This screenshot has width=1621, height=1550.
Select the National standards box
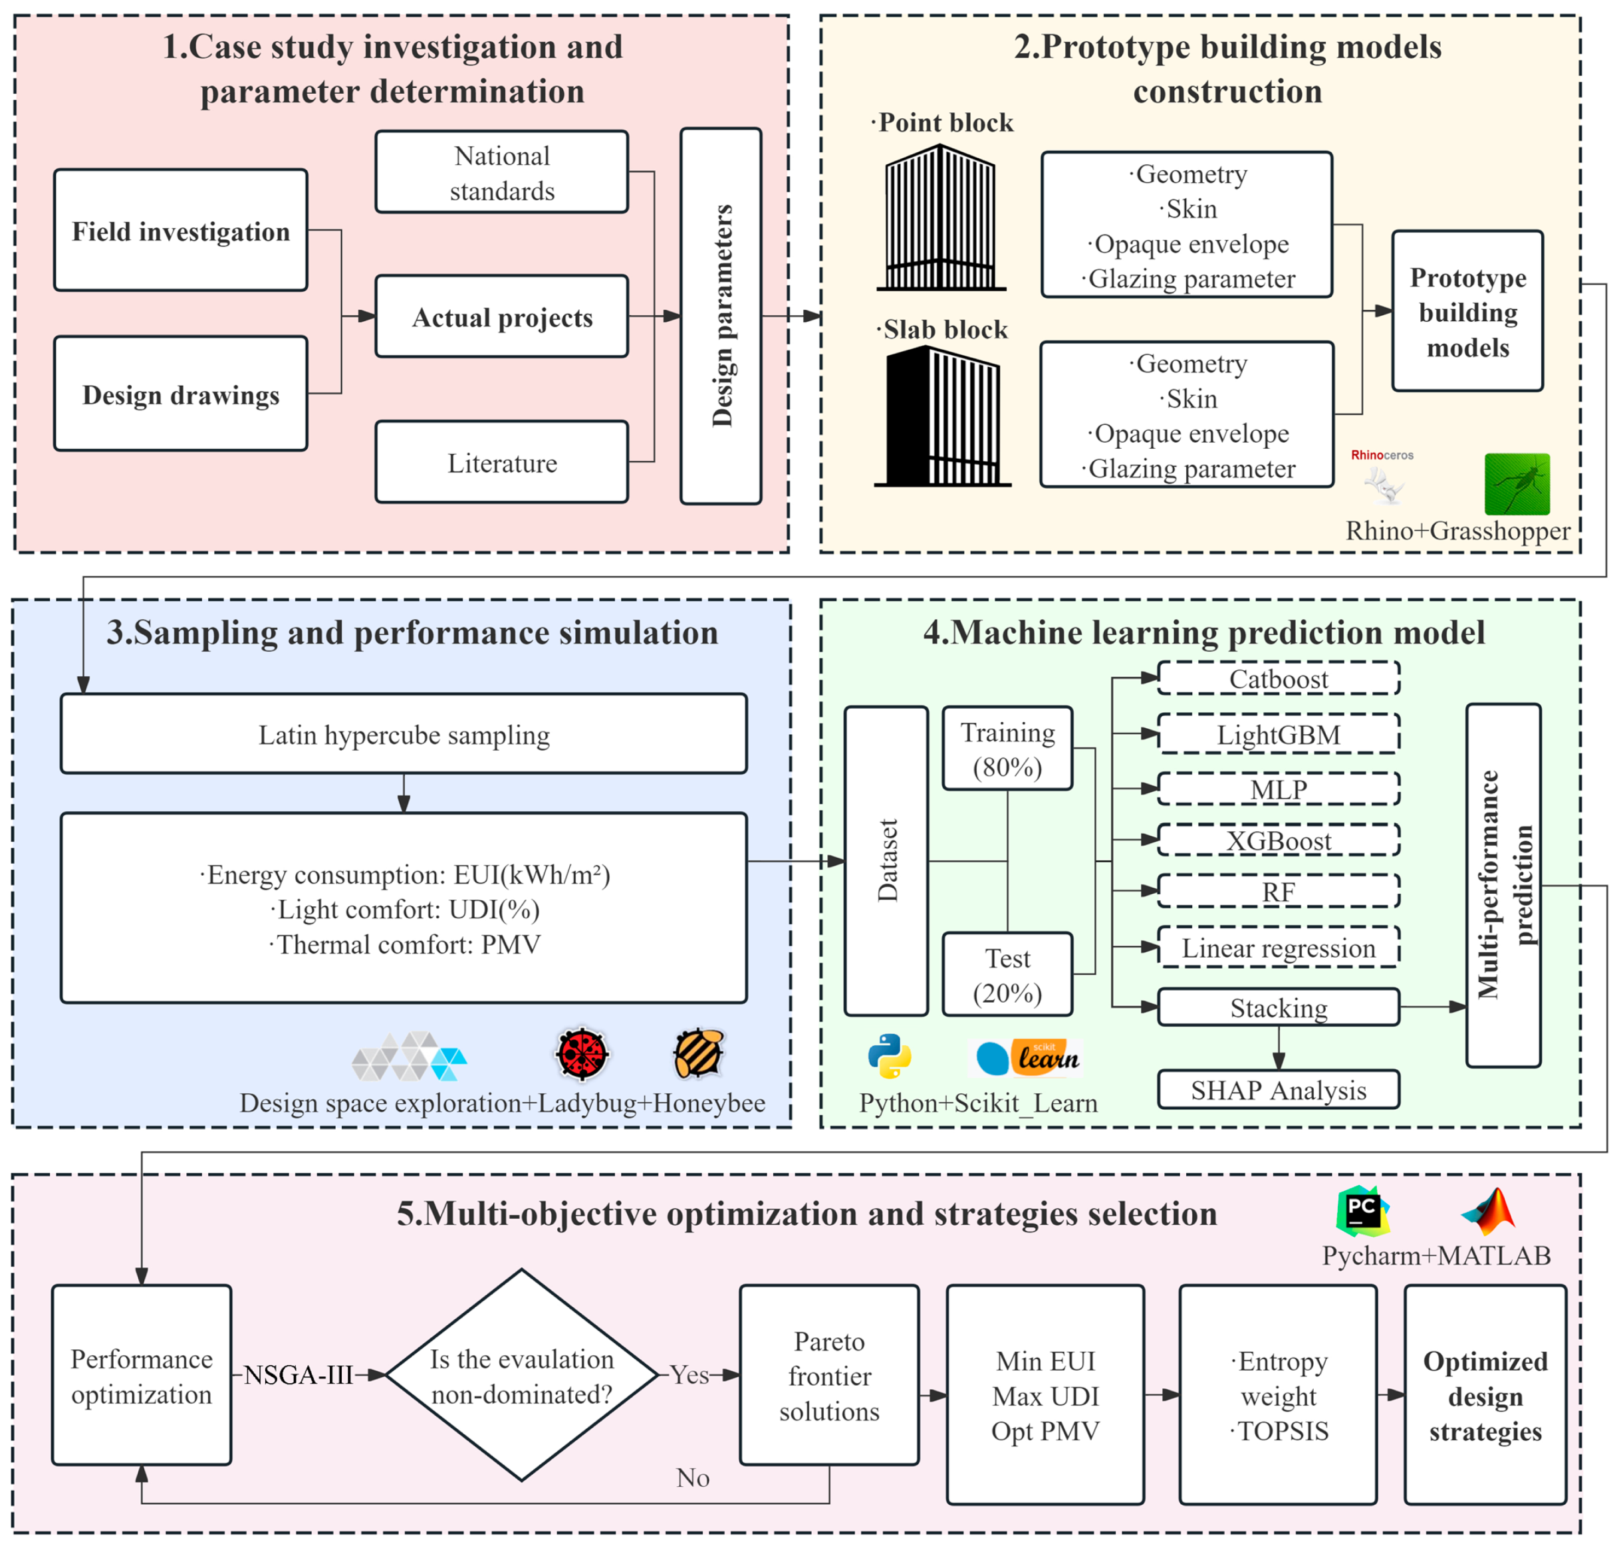(501, 172)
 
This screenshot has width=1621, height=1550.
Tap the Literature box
(501, 462)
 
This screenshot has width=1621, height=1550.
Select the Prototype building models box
(1467, 311)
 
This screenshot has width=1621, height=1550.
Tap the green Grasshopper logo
(1516, 483)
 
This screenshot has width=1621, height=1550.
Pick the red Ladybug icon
(582, 1053)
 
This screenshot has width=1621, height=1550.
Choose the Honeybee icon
(698, 1053)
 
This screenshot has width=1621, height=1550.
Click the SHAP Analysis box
(1277, 1090)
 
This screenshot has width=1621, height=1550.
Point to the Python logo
(889, 1056)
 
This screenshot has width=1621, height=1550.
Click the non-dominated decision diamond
(521, 1376)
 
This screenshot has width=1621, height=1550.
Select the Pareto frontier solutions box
(828, 1376)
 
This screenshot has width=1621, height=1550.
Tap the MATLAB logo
(1487, 1212)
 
